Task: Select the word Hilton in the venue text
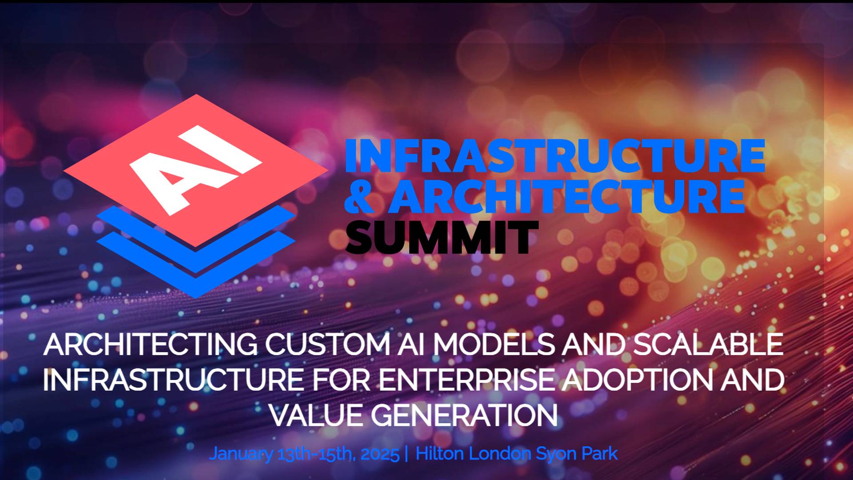(x=440, y=454)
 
